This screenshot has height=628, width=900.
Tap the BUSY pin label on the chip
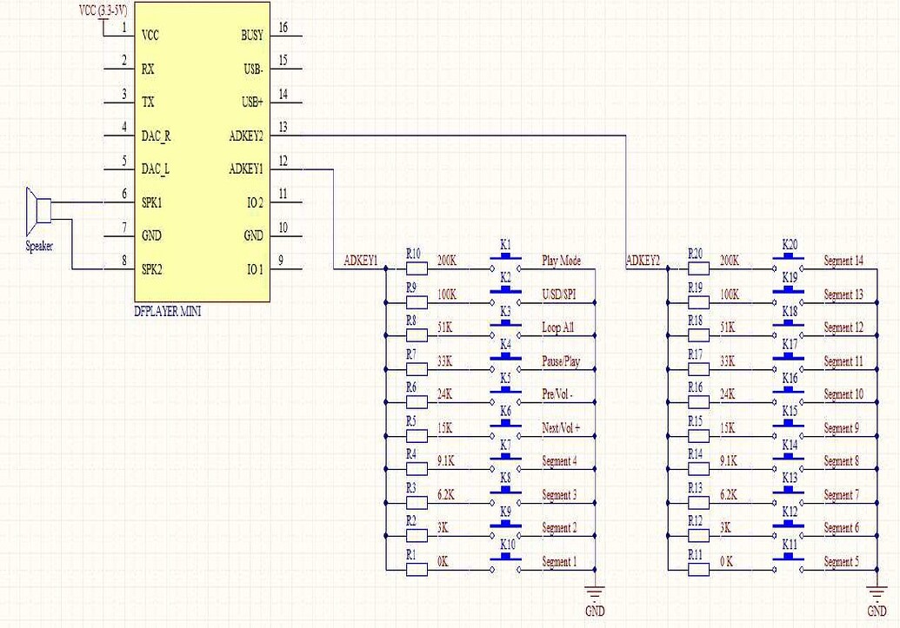(252, 36)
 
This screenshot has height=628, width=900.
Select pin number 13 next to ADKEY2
(283, 127)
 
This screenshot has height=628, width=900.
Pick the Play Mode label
(561, 261)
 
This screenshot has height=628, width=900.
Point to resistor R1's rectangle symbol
(417, 571)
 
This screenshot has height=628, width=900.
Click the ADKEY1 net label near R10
(361, 261)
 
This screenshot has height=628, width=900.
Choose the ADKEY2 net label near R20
(643, 261)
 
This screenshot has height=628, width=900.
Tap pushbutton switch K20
(789, 257)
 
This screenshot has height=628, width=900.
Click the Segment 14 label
(843, 261)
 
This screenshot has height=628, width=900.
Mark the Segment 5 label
(841, 562)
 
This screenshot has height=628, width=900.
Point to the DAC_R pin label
(156, 136)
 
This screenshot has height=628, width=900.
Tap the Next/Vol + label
(561, 428)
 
